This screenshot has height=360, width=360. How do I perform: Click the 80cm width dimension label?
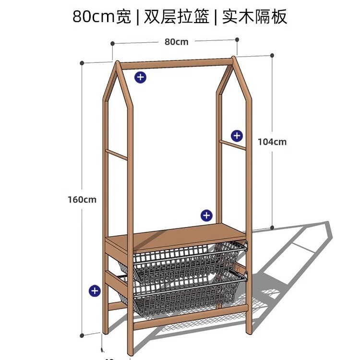[x=176, y=42]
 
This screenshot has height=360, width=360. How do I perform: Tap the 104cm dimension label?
[x=272, y=142]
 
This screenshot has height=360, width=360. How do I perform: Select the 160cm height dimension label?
[x=82, y=200]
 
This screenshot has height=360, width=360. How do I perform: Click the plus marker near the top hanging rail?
[x=140, y=77]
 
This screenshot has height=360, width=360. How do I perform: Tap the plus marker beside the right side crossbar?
[x=237, y=135]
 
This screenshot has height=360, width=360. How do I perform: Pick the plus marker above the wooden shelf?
[x=206, y=215]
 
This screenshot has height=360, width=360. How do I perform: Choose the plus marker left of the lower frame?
[x=95, y=290]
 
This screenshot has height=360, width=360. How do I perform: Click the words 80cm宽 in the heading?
[x=101, y=17]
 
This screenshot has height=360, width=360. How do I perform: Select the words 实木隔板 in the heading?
[x=254, y=17]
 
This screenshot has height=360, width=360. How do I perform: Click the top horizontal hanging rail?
[x=175, y=63]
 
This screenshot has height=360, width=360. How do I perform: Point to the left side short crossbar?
[x=117, y=155]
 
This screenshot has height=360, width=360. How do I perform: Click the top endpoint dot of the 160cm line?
[x=83, y=63]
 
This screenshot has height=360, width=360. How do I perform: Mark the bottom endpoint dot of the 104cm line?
[x=272, y=228]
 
